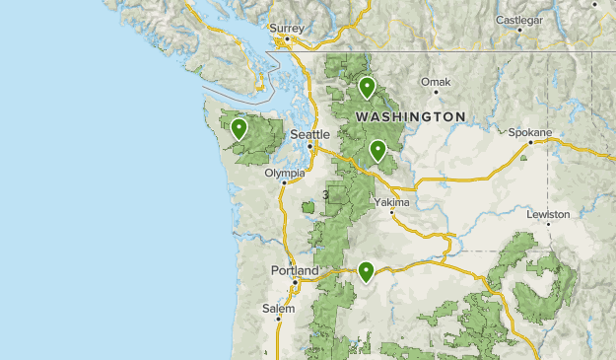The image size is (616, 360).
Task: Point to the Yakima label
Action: click(391, 201)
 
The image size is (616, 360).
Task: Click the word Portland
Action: click(295, 270)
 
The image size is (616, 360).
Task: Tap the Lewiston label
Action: click(548, 214)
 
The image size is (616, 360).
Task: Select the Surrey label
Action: click(288, 29)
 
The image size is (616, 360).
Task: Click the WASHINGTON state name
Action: click(410, 116)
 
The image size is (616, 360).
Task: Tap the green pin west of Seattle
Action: click(238, 128)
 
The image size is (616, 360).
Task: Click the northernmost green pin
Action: click(367, 88)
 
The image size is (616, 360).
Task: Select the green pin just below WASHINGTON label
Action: click(376, 150)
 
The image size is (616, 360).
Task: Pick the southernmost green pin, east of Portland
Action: click(366, 270)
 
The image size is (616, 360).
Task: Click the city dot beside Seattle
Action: click(310, 147)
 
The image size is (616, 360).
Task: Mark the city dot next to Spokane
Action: click(529, 142)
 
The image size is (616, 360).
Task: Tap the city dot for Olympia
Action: click(285, 182)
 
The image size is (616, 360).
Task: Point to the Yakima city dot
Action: click(391, 212)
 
